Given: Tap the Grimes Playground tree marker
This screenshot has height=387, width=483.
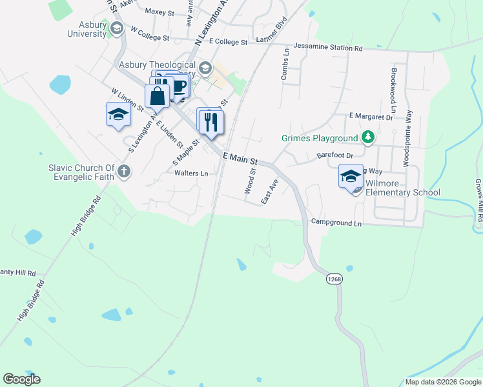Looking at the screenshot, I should pyautogui.click(x=368, y=137).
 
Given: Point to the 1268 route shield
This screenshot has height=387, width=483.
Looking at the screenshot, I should pyautogui.click(x=334, y=279).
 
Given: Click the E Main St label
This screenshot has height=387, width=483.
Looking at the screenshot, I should pyautogui.click(x=240, y=158).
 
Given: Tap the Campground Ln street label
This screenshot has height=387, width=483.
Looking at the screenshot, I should pyautogui.click(x=336, y=223).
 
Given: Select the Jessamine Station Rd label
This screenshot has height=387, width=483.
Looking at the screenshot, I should pyautogui.click(x=328, y=48).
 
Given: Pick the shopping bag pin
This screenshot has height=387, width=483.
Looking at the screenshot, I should pyautogui.click(x=157, y=97).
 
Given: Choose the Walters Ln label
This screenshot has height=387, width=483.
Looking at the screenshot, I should pyautogui.click(x=191, y=174).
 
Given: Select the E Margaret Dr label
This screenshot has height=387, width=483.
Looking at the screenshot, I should pyautogui.click(x=371, y=117).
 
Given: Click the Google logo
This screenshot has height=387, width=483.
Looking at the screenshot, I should pyautogui.click(x=21, y=379).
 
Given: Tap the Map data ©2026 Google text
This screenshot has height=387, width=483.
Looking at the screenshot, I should pyautogui.click(x=443, y=382).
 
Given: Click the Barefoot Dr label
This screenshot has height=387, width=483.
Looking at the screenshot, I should pyautogui.click(x=335, y=155).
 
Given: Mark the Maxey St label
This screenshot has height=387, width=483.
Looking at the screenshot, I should pyautogui.click(x=159, y=12).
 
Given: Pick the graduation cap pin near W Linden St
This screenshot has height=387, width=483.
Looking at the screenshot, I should pyautogui.click(x=118, y=115).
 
